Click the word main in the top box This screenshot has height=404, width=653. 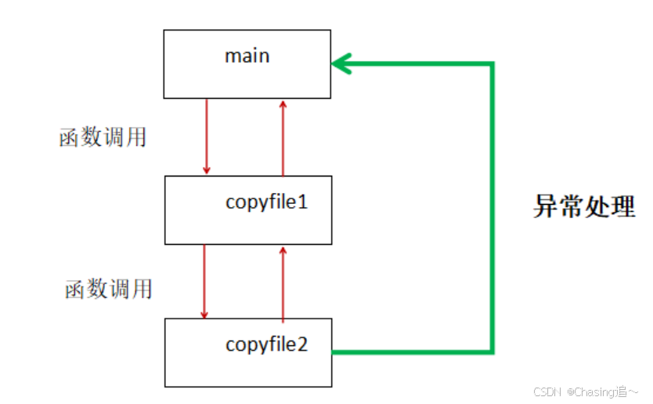247,56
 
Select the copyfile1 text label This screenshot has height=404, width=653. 267,202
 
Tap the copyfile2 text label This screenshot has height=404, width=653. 267,344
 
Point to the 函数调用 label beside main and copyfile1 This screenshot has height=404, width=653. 103,137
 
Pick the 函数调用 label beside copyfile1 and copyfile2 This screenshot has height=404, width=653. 108,289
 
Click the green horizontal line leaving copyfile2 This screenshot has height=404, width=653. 411,351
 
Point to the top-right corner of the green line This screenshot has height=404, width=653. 492,64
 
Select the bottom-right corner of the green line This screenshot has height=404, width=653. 492,351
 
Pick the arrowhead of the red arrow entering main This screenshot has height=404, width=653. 283,104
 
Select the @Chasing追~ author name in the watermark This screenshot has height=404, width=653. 602,391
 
